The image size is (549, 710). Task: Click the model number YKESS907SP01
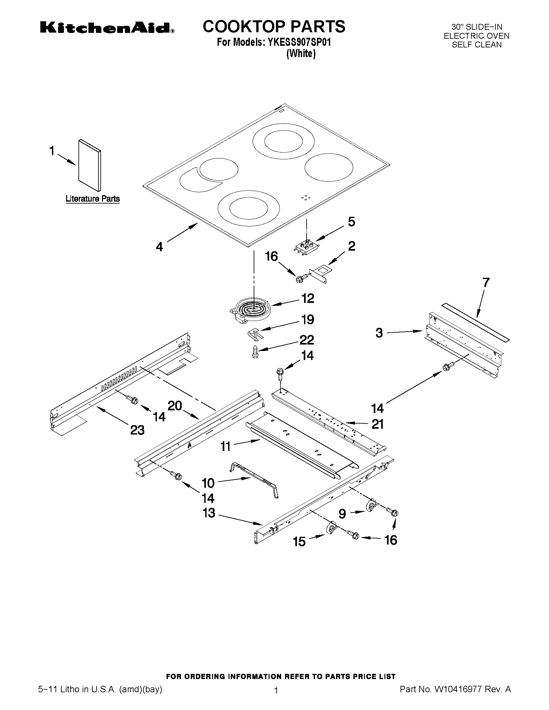(299, 43)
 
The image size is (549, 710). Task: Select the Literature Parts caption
(93, 199)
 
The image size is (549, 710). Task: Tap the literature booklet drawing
(90, 166)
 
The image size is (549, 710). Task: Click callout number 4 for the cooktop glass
(159, 247)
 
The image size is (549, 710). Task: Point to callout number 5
(351, 222)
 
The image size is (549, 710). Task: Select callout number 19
(307, 320)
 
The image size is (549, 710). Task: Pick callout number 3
(379, 333)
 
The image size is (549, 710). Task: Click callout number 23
(137, 430)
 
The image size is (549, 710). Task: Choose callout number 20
(175, 406)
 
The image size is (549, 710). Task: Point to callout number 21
(378, 424)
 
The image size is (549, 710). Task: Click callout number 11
(226, 446)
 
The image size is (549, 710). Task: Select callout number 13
(209, 513)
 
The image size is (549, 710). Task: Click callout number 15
(299, 541)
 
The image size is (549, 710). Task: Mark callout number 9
(342, 514)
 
